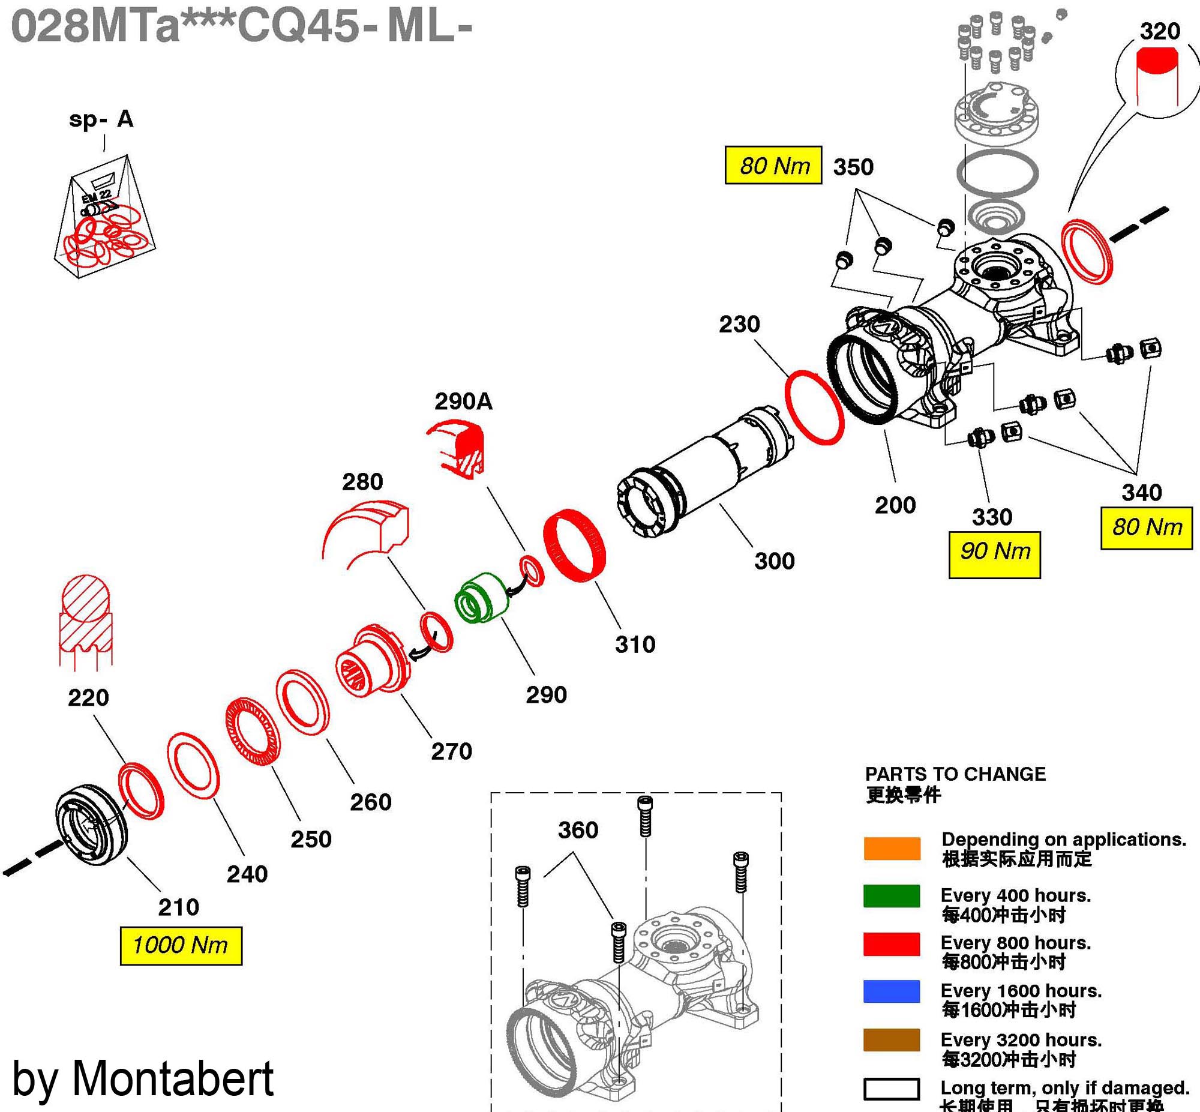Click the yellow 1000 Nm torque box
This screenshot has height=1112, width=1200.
[181, 946]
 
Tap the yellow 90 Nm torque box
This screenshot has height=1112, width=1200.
[994, 554]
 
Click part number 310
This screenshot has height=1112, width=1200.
[635, 645]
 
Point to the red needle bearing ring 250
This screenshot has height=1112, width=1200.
[254, 732]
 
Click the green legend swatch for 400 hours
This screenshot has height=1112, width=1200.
[891, 896]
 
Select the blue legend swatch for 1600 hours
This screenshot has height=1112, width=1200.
[891, 991]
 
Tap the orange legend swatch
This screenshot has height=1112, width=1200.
[891, 848]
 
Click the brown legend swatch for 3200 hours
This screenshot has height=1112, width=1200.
[891, 1039]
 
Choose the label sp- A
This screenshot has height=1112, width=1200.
[101, 119]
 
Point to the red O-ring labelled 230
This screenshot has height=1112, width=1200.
[814, 407]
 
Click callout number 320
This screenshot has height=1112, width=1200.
[1160, 31]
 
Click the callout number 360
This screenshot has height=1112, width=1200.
[577, 831]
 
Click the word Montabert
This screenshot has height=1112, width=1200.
[173, 1078]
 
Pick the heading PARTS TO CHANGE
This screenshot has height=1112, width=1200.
[955, 774]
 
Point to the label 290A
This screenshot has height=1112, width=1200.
[463, 401]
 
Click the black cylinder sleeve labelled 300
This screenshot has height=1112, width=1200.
[704, 475]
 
